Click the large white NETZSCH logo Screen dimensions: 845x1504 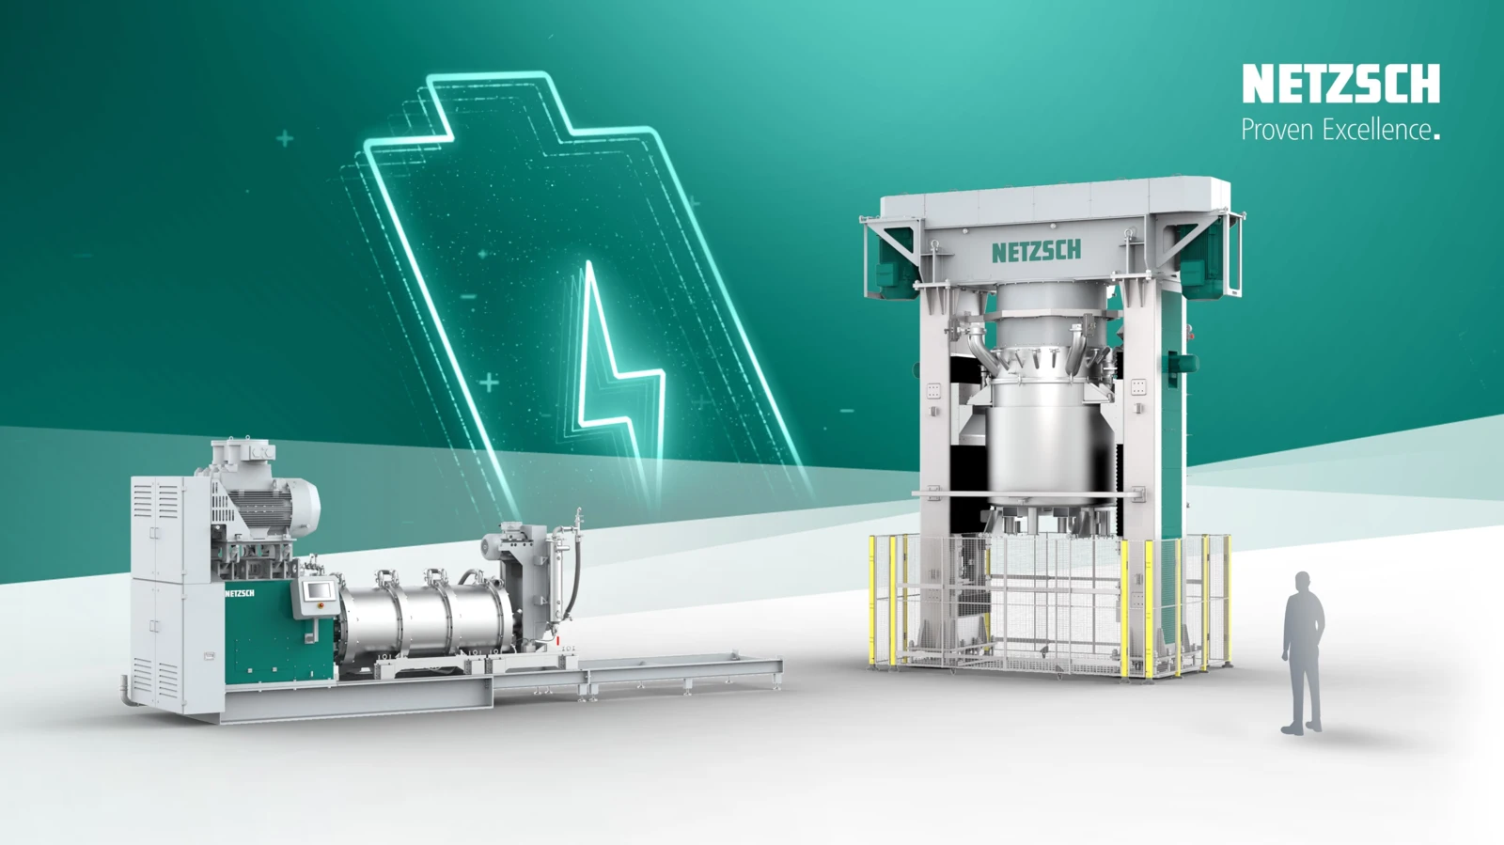point(1340,84)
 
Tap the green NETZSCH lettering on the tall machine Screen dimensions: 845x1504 point(1036,251)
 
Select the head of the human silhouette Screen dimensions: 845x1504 point(1302,583)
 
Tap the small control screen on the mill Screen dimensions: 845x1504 point(319,590)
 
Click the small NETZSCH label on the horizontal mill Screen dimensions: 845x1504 point(239,593)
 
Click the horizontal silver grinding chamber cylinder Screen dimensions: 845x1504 point(423,616)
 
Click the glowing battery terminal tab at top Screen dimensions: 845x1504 point(489,94)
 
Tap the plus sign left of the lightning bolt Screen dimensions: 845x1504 point(489,383)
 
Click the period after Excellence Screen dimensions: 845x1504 point(1435,137)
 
